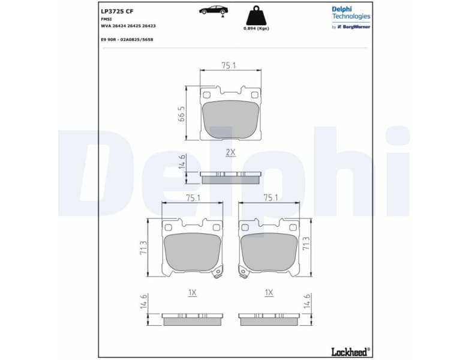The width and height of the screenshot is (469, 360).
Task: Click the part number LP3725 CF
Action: click(x=118, y=11)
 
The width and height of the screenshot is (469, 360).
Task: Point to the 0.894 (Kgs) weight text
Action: click(x=255, y=29)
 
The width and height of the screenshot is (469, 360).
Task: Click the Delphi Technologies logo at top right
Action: click(x=350, y=13)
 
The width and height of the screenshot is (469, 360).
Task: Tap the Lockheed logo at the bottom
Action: click(x=350, y=351)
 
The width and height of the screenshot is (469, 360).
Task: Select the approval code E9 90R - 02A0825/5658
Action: click(x=127, y=38)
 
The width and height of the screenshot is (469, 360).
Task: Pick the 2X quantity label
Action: click(x=230, y=152)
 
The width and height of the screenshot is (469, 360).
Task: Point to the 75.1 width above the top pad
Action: click(x=229, y=65)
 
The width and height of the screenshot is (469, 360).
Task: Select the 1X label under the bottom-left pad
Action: click(x=192, y=293)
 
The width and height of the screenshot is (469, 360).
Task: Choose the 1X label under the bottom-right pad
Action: click(x=269, y=293)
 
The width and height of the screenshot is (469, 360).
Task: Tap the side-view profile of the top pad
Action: click(x=230, y=178)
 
